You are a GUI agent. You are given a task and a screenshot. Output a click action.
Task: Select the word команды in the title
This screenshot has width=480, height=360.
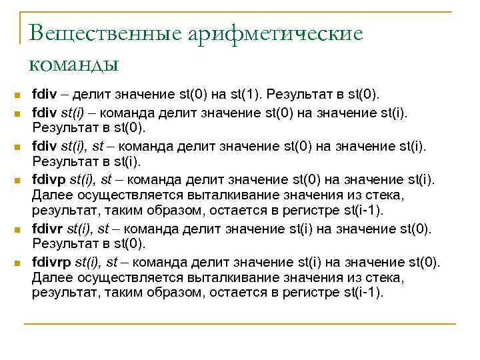[x=73, y=64]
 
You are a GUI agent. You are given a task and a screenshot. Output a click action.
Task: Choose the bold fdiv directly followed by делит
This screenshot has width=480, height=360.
[x=45, y=95]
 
